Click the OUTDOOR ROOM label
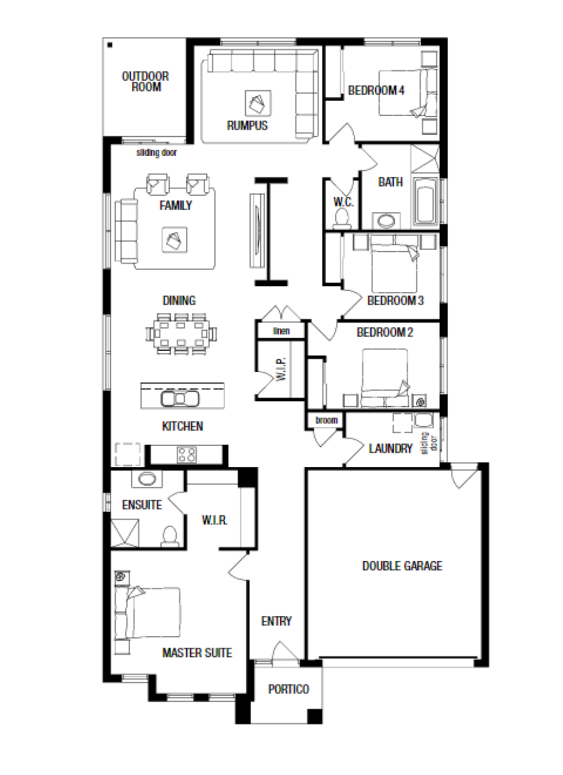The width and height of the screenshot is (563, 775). coord(145,81)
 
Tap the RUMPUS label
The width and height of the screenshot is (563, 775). coord(247,125)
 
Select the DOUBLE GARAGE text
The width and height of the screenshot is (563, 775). coord(402,566)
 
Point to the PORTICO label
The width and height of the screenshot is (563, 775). coord(288,689)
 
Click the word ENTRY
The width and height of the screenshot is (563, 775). coord(276,621)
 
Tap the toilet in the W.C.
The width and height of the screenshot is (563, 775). coord(341,219)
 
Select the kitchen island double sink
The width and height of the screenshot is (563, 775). coord(180,398)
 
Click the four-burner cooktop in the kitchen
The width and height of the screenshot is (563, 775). coord(186,455)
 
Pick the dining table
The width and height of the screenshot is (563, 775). coord(181,334)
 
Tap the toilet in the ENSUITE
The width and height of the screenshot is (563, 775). coord(170,536)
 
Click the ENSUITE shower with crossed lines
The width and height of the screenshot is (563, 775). coord(125,533)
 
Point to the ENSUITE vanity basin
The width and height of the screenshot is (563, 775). coord(147,479)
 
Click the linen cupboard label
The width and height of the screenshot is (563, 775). coord(281,331)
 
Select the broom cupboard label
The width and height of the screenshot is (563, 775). coord(326,420)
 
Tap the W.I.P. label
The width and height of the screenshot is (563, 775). coord(281,369)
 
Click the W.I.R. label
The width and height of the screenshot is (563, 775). coord(214,520)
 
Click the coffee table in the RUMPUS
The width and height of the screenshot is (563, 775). coord(258,103)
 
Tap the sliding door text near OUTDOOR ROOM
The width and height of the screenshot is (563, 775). coord(157,153)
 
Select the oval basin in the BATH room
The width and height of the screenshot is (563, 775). coord(386,221)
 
